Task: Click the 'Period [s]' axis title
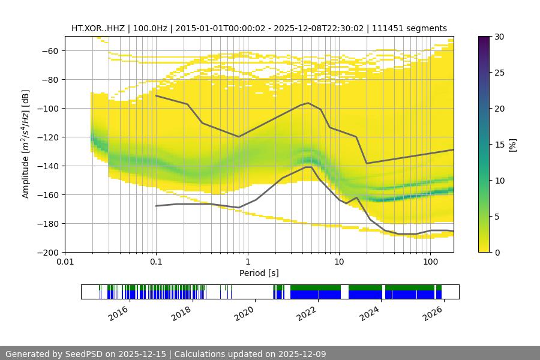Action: (x=259, y=273)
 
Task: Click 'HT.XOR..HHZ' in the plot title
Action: (x=96, y=28)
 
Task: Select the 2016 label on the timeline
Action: (x=119, y=313)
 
